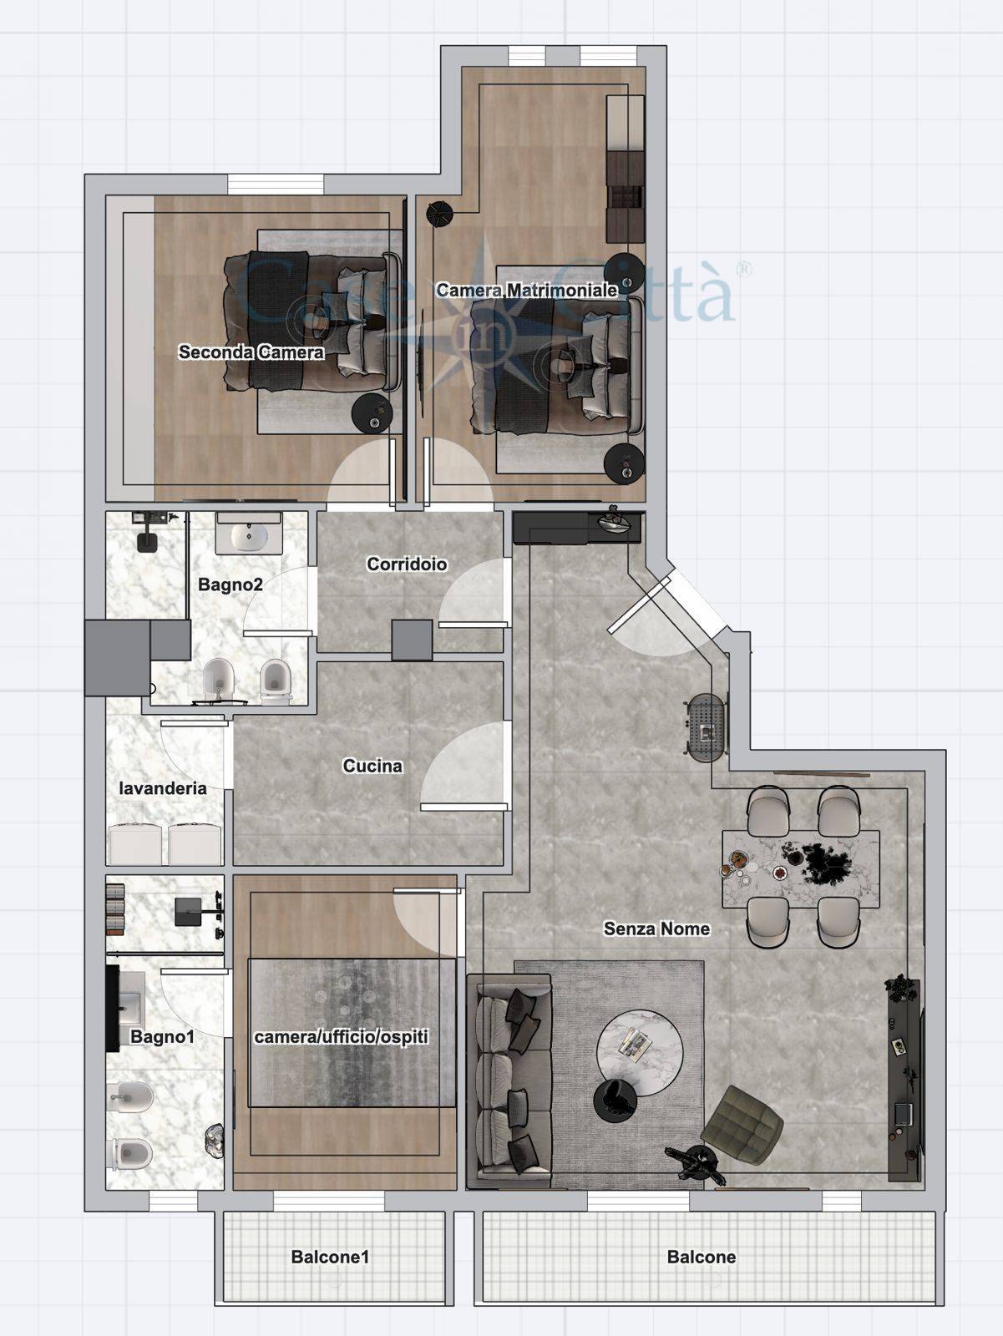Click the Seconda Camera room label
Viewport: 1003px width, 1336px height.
click(x=251, y=352)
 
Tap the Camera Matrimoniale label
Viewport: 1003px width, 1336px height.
click(x=527, y=291)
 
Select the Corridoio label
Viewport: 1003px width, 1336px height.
click(x=407, y=564)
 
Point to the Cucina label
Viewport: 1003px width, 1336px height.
click(x=372, y=766)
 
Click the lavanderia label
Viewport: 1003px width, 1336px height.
click(x=163, y=788)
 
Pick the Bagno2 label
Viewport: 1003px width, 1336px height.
click(x=230, y=585)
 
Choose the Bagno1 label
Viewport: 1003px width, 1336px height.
click(x=162, y=1036)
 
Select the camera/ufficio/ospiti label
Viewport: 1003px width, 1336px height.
click(x=341, y=1036)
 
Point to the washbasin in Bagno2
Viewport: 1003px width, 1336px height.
click(x=249, y=534)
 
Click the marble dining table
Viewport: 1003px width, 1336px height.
click(x=801, y=868)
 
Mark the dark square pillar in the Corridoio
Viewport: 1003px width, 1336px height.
click(x=412, y=640)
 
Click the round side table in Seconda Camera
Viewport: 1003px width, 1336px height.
click(x=372, y=413)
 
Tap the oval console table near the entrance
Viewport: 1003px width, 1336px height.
click(x=706, y=726)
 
